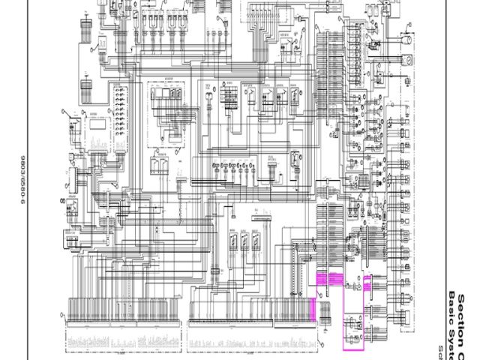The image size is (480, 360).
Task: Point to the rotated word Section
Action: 464,316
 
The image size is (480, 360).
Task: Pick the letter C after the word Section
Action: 464,352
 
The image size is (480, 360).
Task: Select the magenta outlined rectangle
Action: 352,312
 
